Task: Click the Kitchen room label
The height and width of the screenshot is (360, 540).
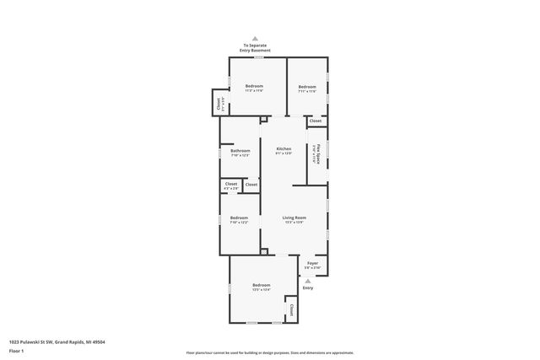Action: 283,148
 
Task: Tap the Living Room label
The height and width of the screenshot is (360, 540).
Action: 294,218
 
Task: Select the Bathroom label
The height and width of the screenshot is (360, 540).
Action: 240,151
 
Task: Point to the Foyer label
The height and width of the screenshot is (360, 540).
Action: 312,264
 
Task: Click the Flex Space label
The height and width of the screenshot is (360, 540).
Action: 317,153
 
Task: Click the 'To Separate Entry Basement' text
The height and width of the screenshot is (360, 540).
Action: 257,48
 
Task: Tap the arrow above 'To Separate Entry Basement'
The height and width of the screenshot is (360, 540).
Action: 257,38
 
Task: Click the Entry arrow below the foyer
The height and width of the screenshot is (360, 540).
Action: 307,281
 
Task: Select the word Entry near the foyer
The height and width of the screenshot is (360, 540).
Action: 307,288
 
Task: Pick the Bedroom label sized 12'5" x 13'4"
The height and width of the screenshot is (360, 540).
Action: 261,286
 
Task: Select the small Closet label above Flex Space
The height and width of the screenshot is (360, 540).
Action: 315,121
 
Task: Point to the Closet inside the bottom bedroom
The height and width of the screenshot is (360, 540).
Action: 292,309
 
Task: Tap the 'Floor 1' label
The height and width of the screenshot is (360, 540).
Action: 17,352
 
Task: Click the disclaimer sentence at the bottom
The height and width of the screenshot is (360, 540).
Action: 269,352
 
